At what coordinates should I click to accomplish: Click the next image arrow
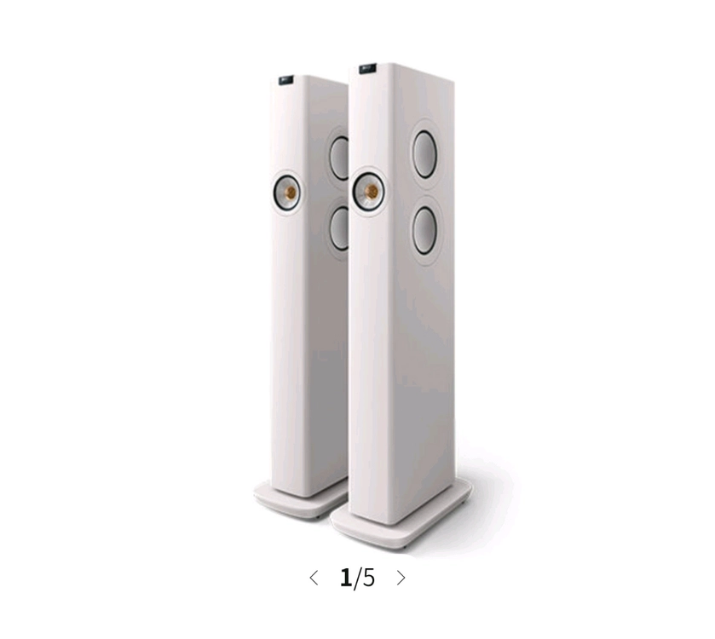tap(401, 578)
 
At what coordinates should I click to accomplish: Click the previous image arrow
tap(314, 578)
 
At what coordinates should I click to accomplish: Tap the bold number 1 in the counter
tap(346, 578)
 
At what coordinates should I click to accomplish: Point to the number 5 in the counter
tap(368, 578)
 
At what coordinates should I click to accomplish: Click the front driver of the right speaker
tap(368, 192)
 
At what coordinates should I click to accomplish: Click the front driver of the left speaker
tap(287, 193)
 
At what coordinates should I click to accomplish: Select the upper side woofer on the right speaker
tap(424, 154)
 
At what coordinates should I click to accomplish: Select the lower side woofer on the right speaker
tap(424, 231)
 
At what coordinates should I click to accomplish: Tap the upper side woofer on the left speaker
tap(339, 158)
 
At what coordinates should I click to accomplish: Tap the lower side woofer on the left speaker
tap(340, 229)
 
